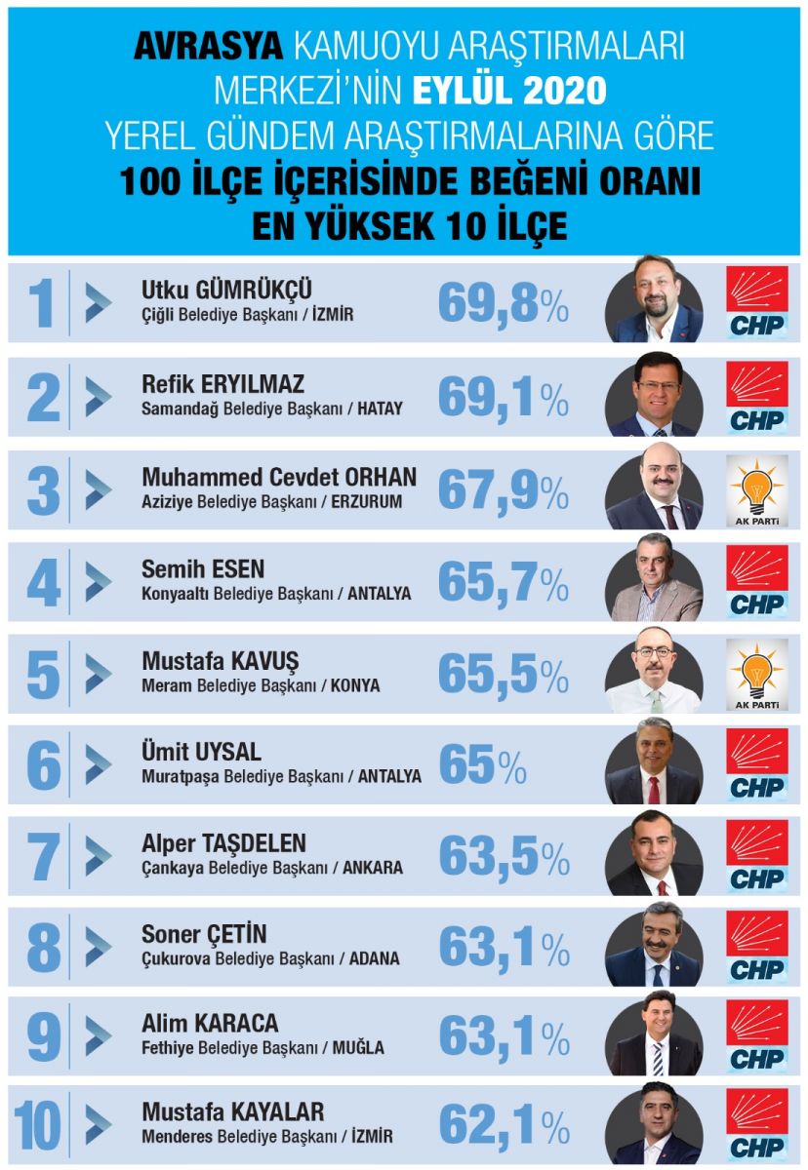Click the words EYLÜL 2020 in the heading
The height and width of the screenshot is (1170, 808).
coord(509,91)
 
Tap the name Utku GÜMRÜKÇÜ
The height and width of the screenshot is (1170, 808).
coord(227,289)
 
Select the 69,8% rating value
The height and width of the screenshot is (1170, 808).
coord(503,303)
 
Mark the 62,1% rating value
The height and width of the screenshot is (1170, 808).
coord(504,1125)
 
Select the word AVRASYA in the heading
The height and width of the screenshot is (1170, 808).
coord(207,46)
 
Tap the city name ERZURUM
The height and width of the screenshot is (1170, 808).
coord(372,501)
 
